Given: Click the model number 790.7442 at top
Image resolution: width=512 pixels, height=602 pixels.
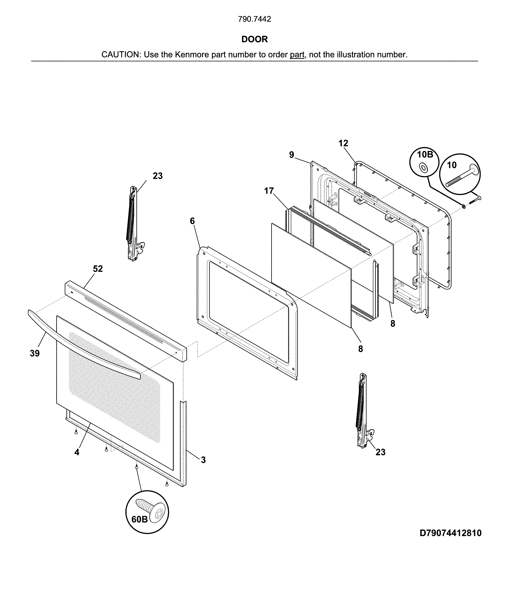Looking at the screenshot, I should tap(255, 19).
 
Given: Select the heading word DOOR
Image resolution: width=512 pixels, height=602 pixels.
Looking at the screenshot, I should tap(255, 39).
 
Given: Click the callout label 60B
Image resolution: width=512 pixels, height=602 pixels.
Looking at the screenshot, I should tap(140, 519).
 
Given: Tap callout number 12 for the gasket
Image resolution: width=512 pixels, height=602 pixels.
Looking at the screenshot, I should tap(343, 143).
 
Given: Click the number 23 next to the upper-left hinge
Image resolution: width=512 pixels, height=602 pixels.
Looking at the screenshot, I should tap(158, 176).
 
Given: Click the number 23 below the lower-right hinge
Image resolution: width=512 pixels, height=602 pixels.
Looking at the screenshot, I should tap(381, 452).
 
